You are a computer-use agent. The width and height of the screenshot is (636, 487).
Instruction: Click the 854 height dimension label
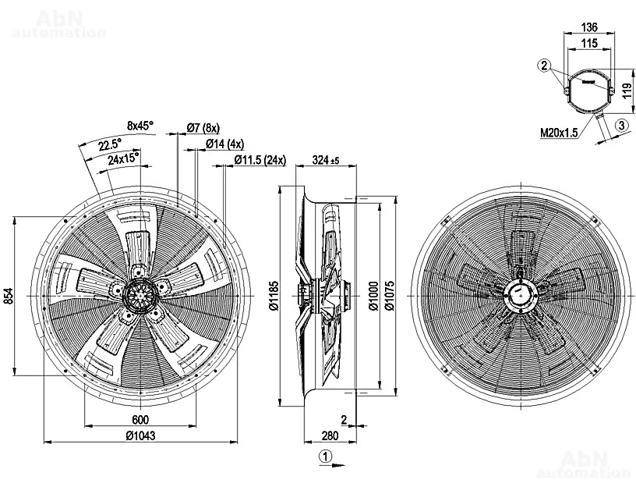pos(8,296)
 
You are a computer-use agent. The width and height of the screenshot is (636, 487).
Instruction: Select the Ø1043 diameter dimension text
pos(140,435)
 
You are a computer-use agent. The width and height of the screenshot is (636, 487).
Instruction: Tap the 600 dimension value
pos(140,420)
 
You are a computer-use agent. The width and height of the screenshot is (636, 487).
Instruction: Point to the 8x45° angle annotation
pos(140,126)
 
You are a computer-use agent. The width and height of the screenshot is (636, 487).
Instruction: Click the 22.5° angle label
pos(110,144)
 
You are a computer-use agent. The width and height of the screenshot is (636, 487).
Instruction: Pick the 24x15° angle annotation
pos(124,158)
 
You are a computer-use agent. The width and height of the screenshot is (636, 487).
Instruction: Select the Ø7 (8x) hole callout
pos(203,128)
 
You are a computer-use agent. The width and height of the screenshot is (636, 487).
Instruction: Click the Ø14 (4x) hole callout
pos(224,144)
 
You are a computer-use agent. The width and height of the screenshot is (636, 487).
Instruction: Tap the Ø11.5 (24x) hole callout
pos(260,160)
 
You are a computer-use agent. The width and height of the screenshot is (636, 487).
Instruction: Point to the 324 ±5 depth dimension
pos(325,161)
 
